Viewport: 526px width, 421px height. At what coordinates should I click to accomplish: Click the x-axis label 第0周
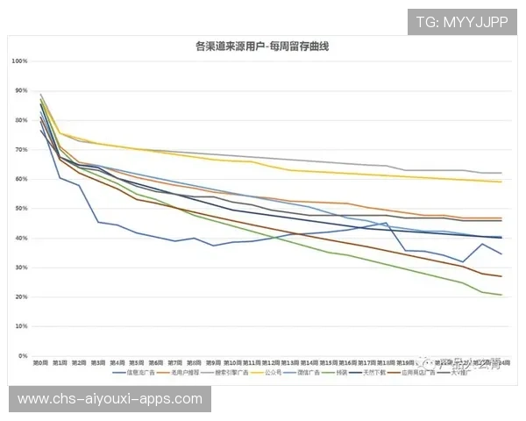click(x=40, y=362)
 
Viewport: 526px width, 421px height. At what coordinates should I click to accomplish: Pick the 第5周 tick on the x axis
click(x=137, y=362)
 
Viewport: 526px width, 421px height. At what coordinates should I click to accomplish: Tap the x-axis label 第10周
click(x=233, y=362)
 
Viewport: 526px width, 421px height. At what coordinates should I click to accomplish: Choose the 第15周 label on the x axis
click(x=330, y=362)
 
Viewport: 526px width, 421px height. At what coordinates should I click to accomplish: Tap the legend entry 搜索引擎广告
click(x=231, y=373)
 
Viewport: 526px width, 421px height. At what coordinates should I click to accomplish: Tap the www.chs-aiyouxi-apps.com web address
click(x=111, y=399)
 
